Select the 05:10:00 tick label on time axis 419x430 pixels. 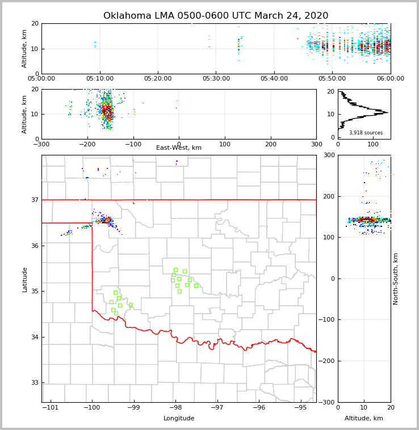[x=100, y=79]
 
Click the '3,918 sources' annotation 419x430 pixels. [x=366, y=133]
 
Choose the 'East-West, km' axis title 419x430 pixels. [x=179, y=148]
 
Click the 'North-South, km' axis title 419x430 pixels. [x=396, y=279]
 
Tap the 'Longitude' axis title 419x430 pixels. [x=179, y=419]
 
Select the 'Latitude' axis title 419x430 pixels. [x=25, y=279]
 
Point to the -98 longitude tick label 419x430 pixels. [x=175, y=408]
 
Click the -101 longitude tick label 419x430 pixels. [x=51, y=408]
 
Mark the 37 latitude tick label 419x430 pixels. [x=35, y=200]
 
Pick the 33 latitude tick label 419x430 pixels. [x=35, y=383]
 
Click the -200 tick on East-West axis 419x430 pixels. [x=87, y=144]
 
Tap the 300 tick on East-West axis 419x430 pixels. [x=316, y=144]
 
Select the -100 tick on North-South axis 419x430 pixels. [x=328, y=320]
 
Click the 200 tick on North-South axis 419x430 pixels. [x=329, y=197]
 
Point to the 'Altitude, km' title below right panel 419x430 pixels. [x=364, y=419]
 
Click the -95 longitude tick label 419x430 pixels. [x=300, y=408]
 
